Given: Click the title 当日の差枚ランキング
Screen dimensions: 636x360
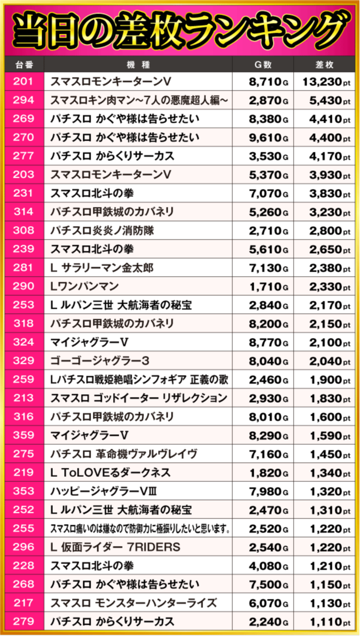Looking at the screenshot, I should click(179, 28).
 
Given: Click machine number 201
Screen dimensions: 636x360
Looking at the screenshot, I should click(23, 82).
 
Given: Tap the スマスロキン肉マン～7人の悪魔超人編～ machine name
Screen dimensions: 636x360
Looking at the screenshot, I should click(139, 101).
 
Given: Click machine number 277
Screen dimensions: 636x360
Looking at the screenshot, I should click(23, 156).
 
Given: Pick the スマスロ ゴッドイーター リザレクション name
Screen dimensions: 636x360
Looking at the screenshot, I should click(139, 398).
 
